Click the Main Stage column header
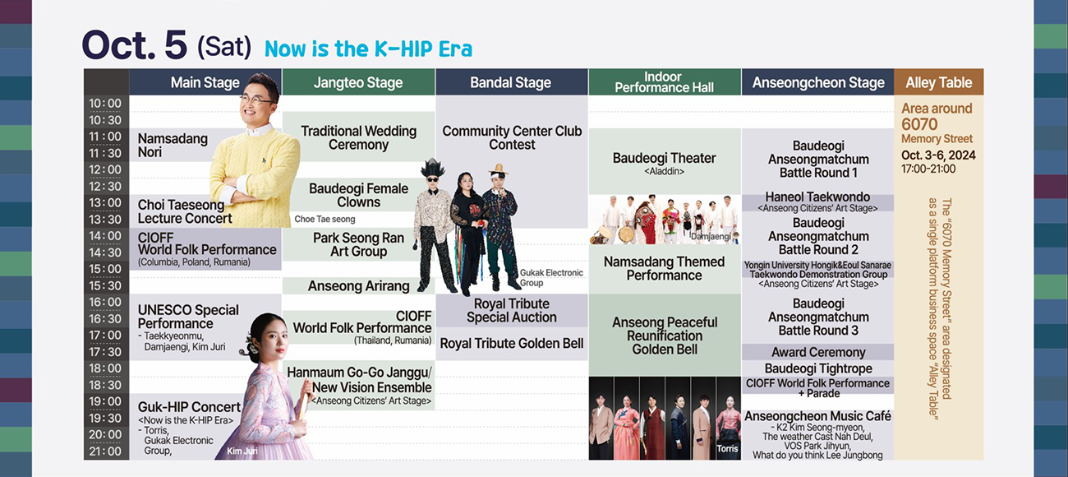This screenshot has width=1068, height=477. coord(205,82)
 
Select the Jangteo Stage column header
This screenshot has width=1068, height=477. coord(358,82)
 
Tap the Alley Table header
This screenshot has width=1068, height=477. coord(938,82)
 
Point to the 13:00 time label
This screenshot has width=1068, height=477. coord(105,202)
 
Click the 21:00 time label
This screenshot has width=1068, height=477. coord(105,451)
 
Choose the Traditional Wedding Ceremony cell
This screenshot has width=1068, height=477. coord(358,137)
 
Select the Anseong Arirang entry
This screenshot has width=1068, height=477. coord(358,285)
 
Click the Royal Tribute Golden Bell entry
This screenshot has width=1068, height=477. coord(512,343)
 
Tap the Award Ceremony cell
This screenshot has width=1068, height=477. coord(818,352)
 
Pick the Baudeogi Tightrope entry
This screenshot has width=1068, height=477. coord(818,368)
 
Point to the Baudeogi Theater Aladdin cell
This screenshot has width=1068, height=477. coord(665,162)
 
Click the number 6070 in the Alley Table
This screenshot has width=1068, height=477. coord(919,124)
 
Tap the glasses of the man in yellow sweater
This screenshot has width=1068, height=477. coord(256,100)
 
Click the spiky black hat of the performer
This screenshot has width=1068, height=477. coord(432,168)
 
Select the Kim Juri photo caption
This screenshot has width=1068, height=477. coord(242,451)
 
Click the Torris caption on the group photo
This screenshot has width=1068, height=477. coord(727,448)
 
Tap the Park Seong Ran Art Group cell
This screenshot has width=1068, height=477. coord(358,244)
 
